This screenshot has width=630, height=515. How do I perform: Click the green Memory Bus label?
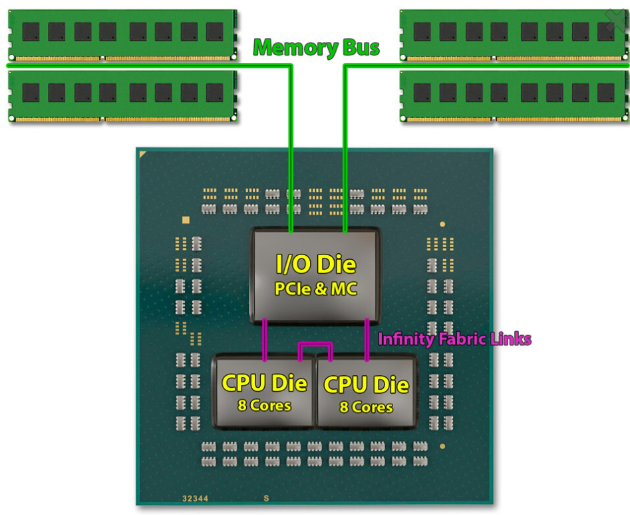coord(317,48)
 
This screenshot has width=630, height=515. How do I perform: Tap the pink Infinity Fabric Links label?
coord(454,339)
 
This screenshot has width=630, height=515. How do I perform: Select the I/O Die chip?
coord(315,275)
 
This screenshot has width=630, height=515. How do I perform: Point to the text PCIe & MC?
coord(316,290)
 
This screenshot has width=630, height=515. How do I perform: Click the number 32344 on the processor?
coord(196,498)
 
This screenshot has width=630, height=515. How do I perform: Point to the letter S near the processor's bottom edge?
coord(266,498)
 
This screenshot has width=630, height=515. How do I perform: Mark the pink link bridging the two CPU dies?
coord(315,345)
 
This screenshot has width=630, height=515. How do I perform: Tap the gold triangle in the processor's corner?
coord(143,155)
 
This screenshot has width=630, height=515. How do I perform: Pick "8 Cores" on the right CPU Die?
coord(366,407)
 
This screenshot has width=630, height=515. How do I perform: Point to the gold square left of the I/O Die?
coord(186,220)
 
